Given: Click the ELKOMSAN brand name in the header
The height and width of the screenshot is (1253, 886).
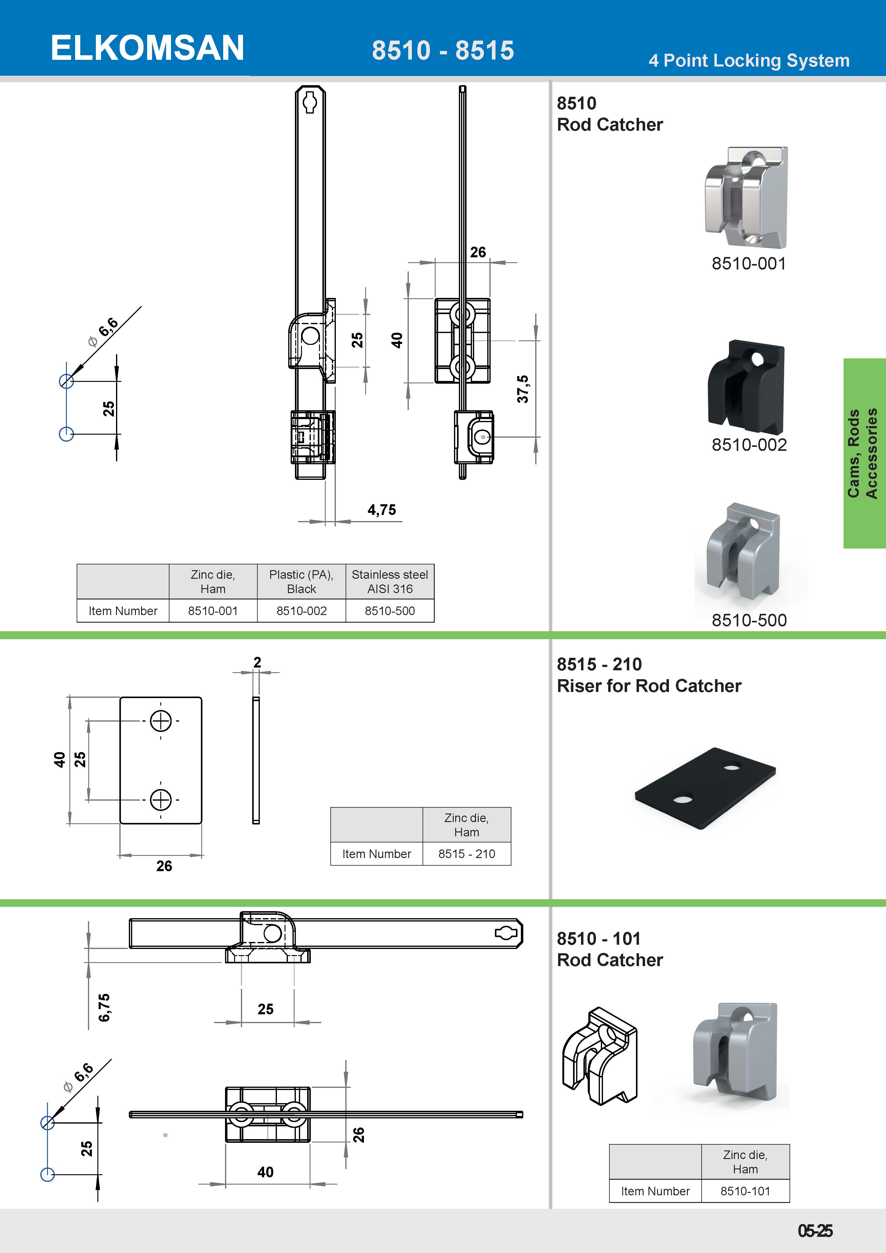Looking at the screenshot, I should pos(147,48).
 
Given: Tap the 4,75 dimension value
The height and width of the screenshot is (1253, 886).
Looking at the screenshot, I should pos(382,510).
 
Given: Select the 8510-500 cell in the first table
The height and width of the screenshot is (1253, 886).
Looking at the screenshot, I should pos(390,611).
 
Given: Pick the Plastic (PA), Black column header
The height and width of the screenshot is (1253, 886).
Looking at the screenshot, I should pos(301,582).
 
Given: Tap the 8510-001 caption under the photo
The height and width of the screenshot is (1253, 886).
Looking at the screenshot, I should pos(748,264).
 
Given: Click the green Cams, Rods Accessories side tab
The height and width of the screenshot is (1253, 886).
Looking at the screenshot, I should pos(864,453).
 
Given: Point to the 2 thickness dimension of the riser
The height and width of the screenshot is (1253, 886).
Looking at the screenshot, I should pos(257,662).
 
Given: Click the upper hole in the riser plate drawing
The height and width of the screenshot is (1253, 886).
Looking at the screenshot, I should pos(161,721).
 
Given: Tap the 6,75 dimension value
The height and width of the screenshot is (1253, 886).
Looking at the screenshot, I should pos(104,1007).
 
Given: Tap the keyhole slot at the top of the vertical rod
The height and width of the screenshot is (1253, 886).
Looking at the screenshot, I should pos(310,102).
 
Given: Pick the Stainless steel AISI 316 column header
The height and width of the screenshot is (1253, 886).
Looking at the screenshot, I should pos(390,582).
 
